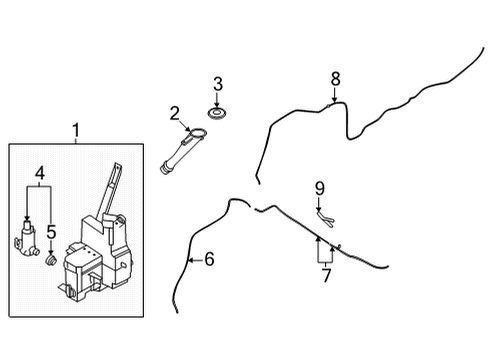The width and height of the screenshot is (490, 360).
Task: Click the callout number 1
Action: [74, 130]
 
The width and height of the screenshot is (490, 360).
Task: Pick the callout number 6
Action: [208, 259]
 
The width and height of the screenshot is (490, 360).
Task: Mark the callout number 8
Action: [335, 77]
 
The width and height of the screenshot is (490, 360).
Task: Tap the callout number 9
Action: [320, 187]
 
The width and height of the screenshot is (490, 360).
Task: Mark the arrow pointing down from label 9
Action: [319, 202]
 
